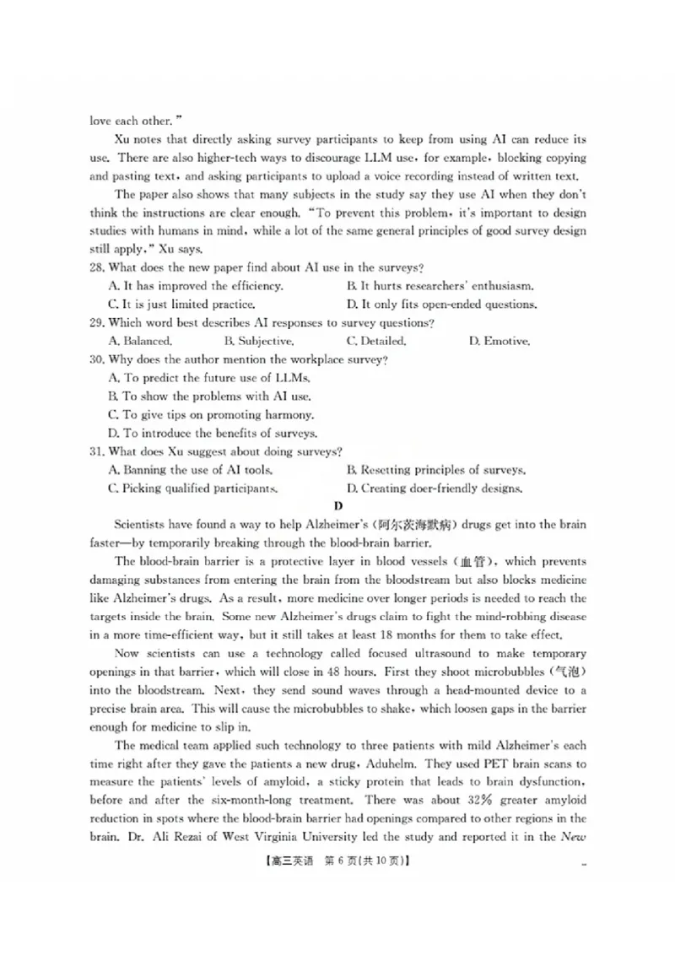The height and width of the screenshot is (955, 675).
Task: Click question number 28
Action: [x=97, y=268]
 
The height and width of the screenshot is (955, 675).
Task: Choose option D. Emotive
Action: [x=499, y=342]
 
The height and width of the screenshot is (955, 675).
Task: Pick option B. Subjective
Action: [x=259, y=342]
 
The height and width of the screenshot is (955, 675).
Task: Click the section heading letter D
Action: [x=338, y=506]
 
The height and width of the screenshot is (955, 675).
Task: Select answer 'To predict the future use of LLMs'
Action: [x=209, y=379]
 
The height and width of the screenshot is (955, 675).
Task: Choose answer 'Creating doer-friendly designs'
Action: [x=435, y=488]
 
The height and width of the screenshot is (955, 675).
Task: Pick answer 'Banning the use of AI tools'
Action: [x=190, y=470]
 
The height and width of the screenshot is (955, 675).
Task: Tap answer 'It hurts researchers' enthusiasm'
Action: [x=440, y=287]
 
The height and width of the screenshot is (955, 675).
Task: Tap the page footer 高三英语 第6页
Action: [x=337, y=861]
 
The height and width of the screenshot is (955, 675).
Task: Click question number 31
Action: [x=97, y=452]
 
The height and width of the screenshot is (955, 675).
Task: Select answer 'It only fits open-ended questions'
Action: [x=441, y=305]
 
